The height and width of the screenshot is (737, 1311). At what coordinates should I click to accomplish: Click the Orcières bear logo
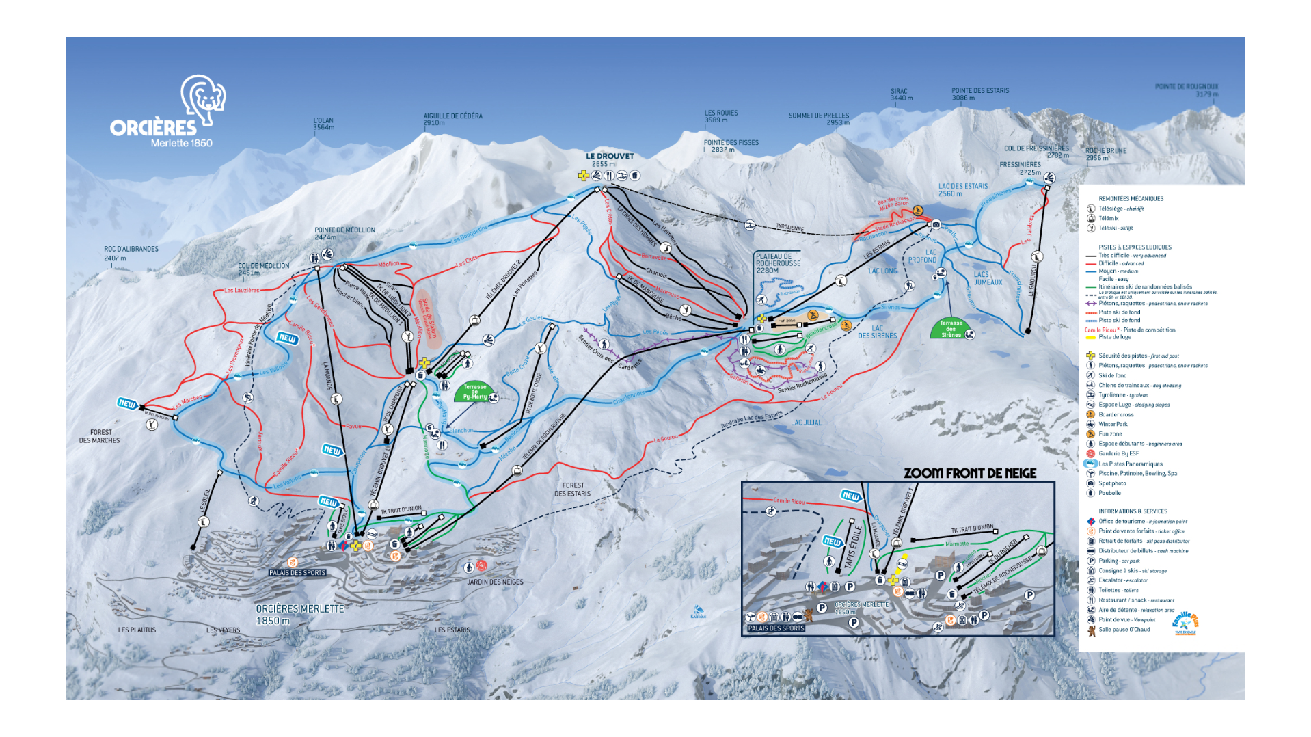203,100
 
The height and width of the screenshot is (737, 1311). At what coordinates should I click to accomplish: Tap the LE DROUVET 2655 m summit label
610,160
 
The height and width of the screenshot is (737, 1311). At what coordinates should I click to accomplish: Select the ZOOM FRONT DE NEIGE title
969,473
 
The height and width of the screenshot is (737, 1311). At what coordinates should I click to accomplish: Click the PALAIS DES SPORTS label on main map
297,573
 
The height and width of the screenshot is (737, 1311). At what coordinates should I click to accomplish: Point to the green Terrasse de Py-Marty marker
474,392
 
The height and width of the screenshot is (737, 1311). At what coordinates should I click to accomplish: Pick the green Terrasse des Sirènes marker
951,329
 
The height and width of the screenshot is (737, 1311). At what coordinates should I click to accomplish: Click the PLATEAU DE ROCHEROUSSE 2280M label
778,263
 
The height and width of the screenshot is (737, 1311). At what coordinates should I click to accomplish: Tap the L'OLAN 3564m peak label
323,124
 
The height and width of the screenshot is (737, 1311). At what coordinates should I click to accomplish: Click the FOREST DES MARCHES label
100,436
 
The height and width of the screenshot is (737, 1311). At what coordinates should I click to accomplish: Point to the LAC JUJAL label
806,423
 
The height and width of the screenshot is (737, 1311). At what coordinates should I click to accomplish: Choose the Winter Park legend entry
1113,424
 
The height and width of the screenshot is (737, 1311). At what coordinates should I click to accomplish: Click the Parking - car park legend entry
1119,561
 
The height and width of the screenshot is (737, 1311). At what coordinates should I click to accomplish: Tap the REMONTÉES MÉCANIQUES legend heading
1131,199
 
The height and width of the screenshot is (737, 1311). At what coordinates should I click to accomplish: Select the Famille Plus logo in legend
1185,623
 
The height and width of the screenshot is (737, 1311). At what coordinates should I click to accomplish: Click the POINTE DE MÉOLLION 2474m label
344,233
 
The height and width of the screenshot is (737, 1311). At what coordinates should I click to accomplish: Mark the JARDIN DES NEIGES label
495,582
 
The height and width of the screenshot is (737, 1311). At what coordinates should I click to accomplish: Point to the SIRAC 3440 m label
901,94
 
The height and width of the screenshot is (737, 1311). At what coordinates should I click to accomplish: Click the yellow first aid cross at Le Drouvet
583,176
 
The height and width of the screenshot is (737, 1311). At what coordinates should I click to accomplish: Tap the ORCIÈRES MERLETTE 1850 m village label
299,615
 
